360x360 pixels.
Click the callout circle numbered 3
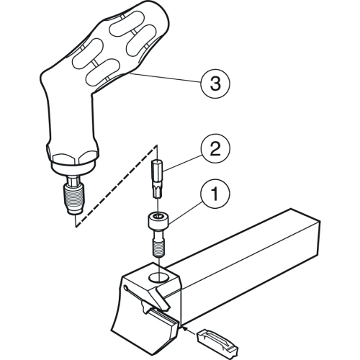(215, 84)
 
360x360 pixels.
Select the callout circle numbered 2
(215, 148)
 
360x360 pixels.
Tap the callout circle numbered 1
(215, 194)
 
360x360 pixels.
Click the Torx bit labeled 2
(157, 179)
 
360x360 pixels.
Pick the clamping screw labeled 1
(158, 235)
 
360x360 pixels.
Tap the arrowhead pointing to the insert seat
(185, 328)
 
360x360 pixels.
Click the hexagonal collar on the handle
(72, 159)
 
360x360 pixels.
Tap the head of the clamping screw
(158, 221)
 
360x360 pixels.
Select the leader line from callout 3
(166, 78)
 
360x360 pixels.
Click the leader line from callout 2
(182, 163)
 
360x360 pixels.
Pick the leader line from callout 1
(185, 212)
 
